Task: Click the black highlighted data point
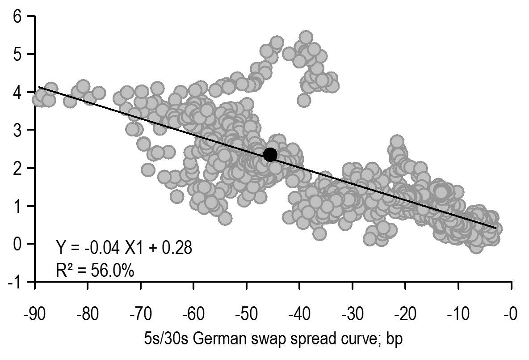tap(270, 154)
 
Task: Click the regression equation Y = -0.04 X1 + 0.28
tap(124, 247)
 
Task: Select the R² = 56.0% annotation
tap(94, 270)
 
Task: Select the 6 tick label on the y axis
tap(17, 17)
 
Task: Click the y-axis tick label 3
tap(17, 130)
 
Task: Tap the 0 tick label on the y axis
tap(17, 244)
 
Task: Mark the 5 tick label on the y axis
tap(17, 55)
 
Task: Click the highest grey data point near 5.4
tap(306, 37)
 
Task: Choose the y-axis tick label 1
tap(17, 206)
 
